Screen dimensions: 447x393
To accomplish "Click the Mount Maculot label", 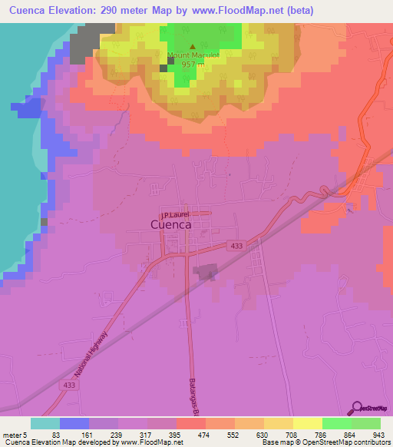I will pos(192,55).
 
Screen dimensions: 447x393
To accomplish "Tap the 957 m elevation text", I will pos(192,65).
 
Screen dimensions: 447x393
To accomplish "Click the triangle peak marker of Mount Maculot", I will pos(193,47).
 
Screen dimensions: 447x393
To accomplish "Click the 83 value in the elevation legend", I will pos(60,434).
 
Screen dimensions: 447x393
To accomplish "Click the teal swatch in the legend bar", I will pos(45,423).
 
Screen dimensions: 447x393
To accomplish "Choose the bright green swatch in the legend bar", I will pos(337,423).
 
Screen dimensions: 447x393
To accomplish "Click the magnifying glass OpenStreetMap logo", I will pos(358,407).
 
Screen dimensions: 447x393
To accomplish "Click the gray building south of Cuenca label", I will pos(204,272).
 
